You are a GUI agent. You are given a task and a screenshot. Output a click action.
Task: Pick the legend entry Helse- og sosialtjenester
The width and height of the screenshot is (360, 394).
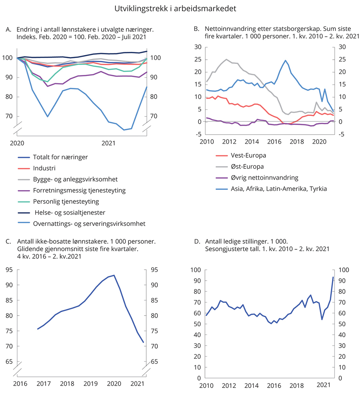click(x=67, y=212)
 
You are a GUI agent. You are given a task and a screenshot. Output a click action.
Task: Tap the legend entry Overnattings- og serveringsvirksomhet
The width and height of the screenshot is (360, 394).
click(x=89, y=224)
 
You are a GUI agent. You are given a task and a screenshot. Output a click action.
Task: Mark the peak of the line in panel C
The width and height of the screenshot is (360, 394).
click(x=114, y=275)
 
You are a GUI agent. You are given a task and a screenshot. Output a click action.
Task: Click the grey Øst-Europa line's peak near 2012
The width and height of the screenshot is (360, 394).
click(x=226, y=59)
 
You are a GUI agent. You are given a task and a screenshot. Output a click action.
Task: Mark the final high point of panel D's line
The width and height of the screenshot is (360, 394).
click(x=333, y=277)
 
